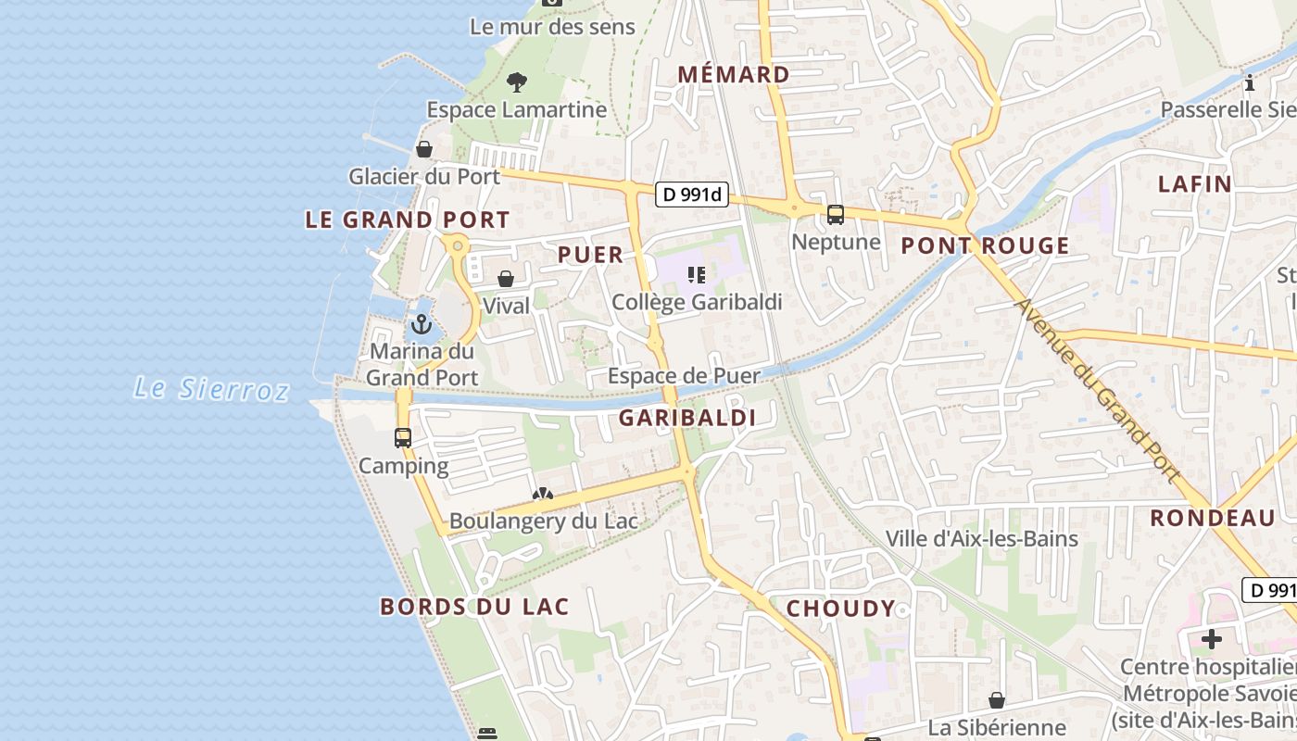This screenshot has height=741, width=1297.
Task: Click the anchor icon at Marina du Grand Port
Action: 422,324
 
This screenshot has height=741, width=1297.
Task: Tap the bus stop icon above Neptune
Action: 836,215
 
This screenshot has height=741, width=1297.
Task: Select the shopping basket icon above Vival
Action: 506,279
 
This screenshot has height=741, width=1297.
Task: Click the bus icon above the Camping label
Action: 403,438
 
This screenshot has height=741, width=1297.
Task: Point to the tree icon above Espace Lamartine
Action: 516,82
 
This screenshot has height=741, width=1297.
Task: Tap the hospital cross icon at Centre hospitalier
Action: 1212,638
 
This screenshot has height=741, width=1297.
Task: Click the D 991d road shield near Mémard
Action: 692,195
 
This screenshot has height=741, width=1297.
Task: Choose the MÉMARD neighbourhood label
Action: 734,74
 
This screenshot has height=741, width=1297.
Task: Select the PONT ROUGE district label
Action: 985,245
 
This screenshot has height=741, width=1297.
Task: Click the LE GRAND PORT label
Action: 408,220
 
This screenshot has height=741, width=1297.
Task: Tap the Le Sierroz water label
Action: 211,388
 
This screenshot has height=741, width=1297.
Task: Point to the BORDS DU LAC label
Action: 474,607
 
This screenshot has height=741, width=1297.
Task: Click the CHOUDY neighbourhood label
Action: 840,609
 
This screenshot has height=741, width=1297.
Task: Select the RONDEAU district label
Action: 1212,518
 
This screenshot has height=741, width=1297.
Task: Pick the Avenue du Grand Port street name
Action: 1099,390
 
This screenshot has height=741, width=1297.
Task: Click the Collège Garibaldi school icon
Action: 697,274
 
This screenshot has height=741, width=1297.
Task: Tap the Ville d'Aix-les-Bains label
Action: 981,538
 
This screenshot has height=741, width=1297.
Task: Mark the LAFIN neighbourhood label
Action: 1195,183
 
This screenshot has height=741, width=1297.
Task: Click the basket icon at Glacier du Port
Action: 424,149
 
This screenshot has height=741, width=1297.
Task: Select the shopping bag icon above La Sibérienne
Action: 997,700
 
